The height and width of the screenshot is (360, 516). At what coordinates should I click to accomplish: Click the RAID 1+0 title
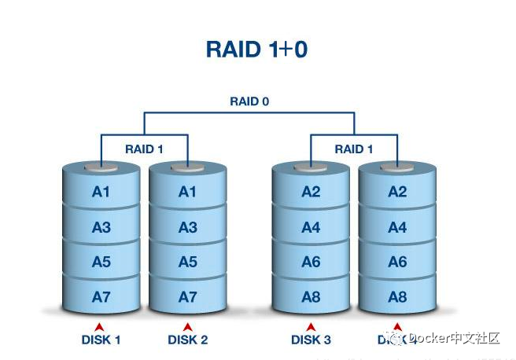(x=256, y=49)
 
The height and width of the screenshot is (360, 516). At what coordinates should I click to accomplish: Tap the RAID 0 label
(x=249, y=101)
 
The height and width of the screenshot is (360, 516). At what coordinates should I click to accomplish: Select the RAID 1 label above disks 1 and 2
(x=145, y=149)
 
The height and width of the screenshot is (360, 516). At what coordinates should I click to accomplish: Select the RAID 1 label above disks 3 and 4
(x=354, y=149)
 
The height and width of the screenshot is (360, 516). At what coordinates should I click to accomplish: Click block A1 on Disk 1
(x=101, y=192)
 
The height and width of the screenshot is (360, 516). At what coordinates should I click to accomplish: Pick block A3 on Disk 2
(x=187, y=227)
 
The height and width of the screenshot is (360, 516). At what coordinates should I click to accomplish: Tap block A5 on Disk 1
(x=101, y=262)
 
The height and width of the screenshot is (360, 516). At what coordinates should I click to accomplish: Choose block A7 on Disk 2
(x=187, y=296)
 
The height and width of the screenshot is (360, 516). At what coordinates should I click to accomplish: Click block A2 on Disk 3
(x=311, y=192)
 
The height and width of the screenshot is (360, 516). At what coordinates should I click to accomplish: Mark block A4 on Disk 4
(x=397, y=227)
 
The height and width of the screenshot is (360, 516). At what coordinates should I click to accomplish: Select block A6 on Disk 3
(x=311, y=262)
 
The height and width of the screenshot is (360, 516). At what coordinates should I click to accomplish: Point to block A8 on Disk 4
(x=397, y=296)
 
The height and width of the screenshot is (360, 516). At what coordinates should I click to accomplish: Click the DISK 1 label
(x=101, y=340)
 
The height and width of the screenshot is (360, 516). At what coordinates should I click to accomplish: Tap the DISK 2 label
(x=187, y=340)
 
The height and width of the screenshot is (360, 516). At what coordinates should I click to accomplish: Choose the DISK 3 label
(x=311, y=340)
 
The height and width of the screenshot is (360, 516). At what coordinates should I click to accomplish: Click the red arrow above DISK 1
(x=100, y=326)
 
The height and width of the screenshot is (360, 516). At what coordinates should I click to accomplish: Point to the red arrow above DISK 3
(x=311, y=326)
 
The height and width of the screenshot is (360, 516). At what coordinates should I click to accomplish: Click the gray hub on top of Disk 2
(x=187, y=167)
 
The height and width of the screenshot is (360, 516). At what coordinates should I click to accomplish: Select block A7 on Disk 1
(x=101, y=296)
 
